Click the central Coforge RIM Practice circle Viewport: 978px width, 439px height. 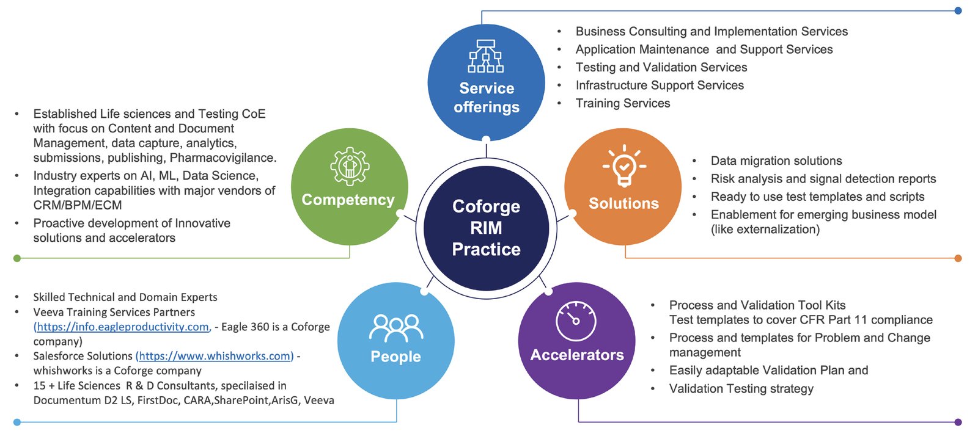(x=486, y=228)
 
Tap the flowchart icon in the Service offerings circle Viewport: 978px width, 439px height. (x=486, y=56)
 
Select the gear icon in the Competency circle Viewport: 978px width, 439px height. (x=350, y=166)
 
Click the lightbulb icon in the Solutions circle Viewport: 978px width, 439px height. (x=623, y=165)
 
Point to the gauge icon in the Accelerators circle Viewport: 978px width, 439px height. (x=576, y=321)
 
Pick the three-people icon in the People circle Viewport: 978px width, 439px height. (x=396, y=328)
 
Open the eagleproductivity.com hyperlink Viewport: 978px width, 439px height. (x=123, y=327)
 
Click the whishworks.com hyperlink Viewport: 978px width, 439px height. (x=215, y=356)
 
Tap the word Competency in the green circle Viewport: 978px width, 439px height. (x=348, y=200)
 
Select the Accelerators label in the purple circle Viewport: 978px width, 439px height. (x=577, y=355)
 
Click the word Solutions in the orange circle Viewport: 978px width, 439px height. (x=623, y=203)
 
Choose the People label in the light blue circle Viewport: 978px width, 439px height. (x=395, y=357)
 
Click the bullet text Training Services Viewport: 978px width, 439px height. (x=622, y=103)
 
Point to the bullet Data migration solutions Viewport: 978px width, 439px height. (x=776, y=161)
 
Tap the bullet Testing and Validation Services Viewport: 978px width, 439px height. (x=661, y=67)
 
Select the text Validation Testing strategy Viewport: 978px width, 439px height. (x=741, y=388)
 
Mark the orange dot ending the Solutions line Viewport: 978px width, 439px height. (x=958, y=258)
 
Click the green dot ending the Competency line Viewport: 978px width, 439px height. (x=17, y=258)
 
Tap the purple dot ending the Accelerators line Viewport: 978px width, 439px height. (x=958, y=422)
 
